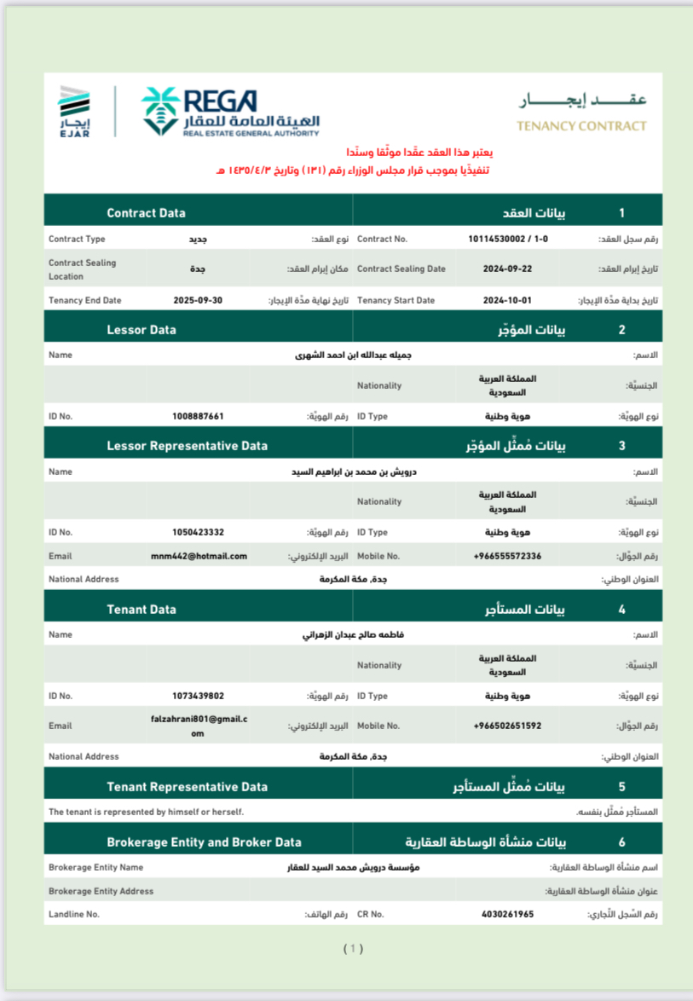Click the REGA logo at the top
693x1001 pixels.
pyautogui.click(x=230, y=111)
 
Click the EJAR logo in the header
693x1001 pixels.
pyautogui.click(x=74, y=112)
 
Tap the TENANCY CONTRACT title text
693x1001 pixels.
pyautogui.click(x=581, y=126)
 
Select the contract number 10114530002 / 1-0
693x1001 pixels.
pyautogui.click(x=508, y=240)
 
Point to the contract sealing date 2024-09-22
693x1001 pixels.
pyautogui.click(x=507, y=269)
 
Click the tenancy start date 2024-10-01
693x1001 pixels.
pyautogui.click(x=507, y=301)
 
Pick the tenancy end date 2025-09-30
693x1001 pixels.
pyautogui.click(x=198, y=301)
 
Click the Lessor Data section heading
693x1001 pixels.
pyautogui.click(x=141, y=329)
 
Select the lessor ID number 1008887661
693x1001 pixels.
pyautogui.click(x=198, y=416)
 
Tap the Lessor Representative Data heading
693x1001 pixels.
pyautogui.click(x=187, y=446)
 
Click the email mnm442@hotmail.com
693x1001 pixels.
pyautogui.click(x=199, y=556)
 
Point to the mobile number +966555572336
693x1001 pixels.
pyautogui.click(x=507, y=556)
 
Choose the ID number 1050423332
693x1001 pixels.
pyautogui.click(x=198, y=532)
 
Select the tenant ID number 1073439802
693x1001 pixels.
pyautogui.click(x=198, y=696)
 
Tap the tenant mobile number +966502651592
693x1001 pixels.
pyautogui.click(x=507, y=726)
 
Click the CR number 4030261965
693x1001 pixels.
pyautogui.click(x=507, y=914)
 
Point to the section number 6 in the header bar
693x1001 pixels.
pyautogui.click(x=622, y=842)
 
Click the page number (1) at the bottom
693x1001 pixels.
pyautogui.click(x=353, y=948)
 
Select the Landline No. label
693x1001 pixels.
pyautogui.click(x=74, y=914)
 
